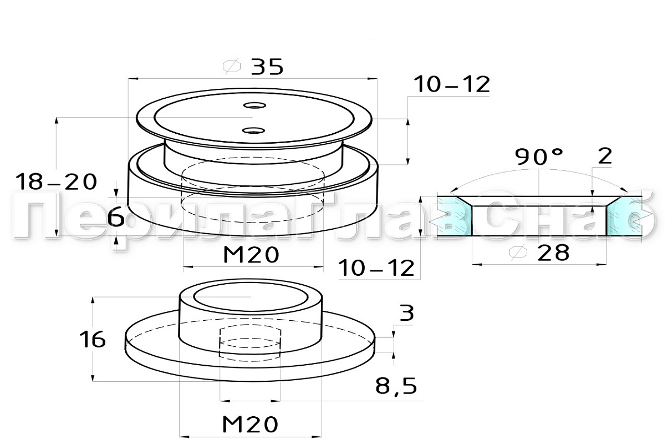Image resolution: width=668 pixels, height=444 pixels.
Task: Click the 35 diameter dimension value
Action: (267, 67)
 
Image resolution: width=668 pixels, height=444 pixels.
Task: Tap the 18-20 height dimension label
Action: (57, 182)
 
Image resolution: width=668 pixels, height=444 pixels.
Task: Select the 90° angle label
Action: (539, 157)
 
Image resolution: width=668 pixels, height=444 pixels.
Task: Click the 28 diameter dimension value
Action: (553, 253)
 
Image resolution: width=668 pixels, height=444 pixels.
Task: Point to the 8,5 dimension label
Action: (396, 386)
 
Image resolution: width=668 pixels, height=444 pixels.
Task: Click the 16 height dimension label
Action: (93, 340)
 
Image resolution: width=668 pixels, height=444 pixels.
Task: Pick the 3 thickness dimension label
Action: (407, 313)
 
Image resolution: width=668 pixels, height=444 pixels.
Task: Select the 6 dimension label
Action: (116, 217)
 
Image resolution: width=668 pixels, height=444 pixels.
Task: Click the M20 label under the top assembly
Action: (251, 255)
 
